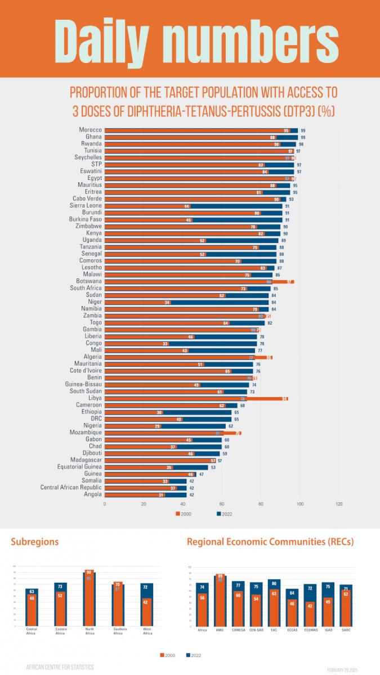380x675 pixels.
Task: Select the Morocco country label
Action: click(x=90, y=130)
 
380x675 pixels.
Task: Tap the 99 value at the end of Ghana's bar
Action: click(x=303, y=137)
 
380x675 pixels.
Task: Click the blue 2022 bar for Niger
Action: click(x=220, y=302)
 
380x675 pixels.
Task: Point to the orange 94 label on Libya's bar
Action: click(x=285, y=398)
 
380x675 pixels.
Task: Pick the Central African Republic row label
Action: click(x=71, y=488)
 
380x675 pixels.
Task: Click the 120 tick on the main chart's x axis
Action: click(x=339, y=504)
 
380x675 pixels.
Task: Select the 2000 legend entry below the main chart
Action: click(x=183, y=514)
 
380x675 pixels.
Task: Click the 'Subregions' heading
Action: click(x=35, y=542)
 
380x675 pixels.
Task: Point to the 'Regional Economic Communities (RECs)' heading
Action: click(x=270, y=542)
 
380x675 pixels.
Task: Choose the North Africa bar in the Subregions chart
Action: click(x=89, y=599)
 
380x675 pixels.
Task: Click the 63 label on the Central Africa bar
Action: click(x=32, y=592)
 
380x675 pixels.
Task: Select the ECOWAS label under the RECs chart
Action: click(x=310, y=630)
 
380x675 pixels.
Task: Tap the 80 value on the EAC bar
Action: click(x=274, y=583)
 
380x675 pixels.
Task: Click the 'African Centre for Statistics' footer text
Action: click(x=60, y=667)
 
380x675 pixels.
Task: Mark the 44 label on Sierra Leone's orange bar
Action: click(x=186, y=206)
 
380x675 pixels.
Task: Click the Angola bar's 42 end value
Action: click(x=192, y=494)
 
